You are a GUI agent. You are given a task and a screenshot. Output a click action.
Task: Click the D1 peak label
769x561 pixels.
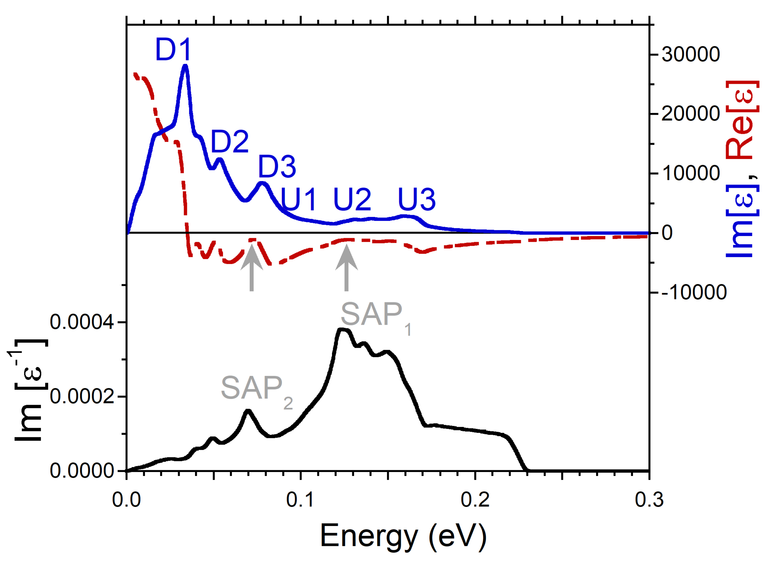[x=173, y=50]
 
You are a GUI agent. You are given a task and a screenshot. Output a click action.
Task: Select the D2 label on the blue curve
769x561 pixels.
[x=230, y=141]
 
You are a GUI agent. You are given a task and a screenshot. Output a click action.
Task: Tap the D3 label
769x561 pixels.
[x=277, y=167]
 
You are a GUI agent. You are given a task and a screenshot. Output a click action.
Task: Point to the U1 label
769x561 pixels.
[x=299, y=200]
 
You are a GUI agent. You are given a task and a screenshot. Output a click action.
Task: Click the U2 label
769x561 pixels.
[x=352, y=200]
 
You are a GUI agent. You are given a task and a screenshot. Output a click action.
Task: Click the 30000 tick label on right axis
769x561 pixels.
[x=690, y=55]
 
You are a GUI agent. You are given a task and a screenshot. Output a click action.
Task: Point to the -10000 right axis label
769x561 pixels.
[x=694, y=292]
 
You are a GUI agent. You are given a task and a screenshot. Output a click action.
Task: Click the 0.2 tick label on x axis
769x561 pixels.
[x=475, y=500]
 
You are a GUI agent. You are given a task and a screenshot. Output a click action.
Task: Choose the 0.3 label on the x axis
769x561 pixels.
[x=649, y=500]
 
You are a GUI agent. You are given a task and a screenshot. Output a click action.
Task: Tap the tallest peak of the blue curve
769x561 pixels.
[x=185, y=66]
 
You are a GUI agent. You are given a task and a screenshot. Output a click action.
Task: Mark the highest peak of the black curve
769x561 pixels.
[x=343, y=329]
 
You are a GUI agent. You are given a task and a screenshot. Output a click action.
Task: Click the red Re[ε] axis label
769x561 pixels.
[x=743, y=120]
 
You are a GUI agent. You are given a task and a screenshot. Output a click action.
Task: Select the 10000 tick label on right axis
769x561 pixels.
[x=690, y=173]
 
